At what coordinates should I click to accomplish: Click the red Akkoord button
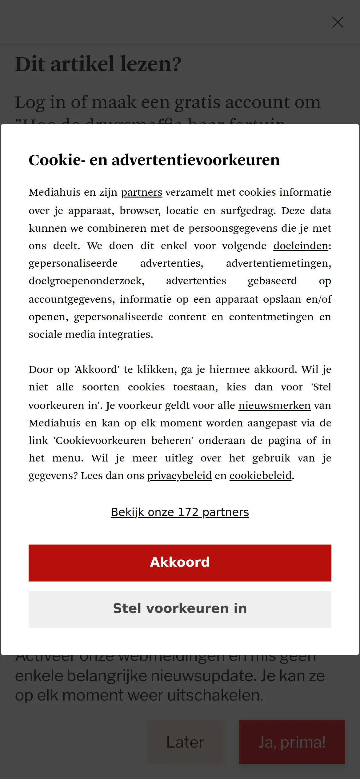[x=180, y=563]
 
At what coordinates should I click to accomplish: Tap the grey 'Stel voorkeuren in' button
[x=180, y=609]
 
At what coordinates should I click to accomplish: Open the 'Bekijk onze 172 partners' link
[x=180, y=512]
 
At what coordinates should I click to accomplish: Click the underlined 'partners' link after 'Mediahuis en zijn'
[x=142, y=192]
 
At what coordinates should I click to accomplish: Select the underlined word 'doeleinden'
[x=301, y=246]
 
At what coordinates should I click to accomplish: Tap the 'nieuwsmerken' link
[x=274, y=405]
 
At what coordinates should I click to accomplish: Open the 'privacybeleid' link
[x=179, y=476]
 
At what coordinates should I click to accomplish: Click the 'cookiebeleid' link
[x=260, y=476]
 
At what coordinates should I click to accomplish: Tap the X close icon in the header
[x=338, y=22]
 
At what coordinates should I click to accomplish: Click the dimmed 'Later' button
[x=185, y=742]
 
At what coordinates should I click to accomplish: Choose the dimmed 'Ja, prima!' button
[x=292, y=742]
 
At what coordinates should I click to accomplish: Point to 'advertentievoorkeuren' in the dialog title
[x=196, y=160]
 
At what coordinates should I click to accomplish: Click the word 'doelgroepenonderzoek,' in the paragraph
[x=86, y=281]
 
